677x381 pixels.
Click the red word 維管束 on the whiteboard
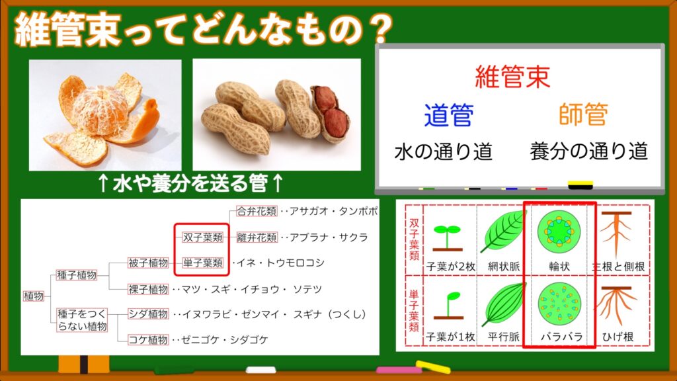(x=512, y=77)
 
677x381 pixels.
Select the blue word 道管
(x=449, y=115)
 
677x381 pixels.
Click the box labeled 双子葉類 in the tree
(x=202, y=237)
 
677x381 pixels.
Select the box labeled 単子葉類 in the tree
(x=202, y=263)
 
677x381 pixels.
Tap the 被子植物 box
(x=148, y=263)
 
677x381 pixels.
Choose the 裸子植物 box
(x=148, y=289)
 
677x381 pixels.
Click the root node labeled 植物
(x=33, y=296)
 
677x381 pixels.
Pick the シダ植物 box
(x=148, y=314)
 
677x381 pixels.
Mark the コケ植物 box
(x=148, y=339)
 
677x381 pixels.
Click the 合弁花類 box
(x=257, y=211)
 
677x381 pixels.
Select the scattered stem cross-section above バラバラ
(x=559, y=304)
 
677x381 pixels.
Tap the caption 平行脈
(x=503, y=336)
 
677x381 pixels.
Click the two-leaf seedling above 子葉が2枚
(x=448, y=237)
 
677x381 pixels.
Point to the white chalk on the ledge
(x=260, y=370)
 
